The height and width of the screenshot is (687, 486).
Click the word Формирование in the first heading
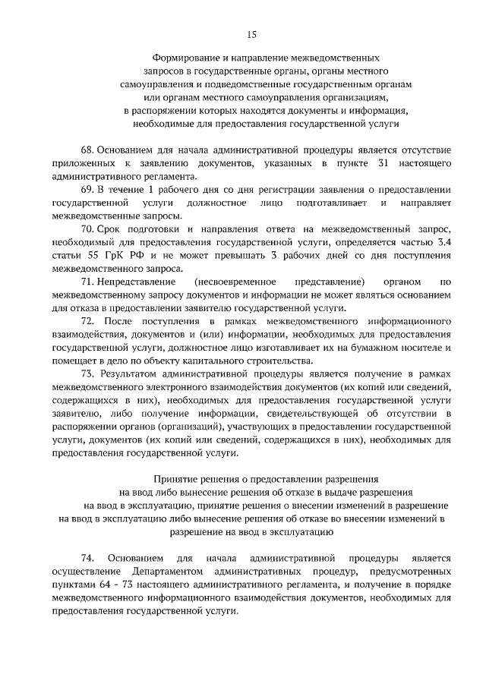point(182,58)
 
